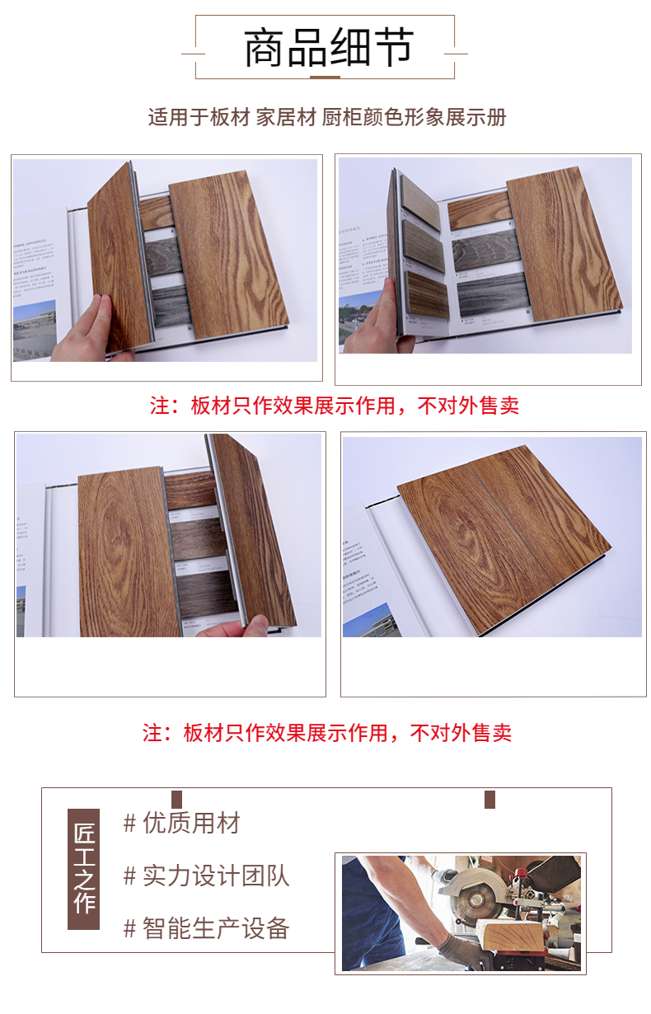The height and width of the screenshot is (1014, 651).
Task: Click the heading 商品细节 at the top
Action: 328,48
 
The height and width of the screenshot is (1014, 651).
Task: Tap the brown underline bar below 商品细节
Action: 325,77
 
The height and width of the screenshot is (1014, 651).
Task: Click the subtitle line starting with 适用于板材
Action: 327,117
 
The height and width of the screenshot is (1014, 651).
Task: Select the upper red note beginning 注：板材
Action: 335,406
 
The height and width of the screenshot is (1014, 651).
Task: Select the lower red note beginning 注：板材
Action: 327,732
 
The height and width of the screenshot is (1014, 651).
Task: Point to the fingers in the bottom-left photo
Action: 236,629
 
